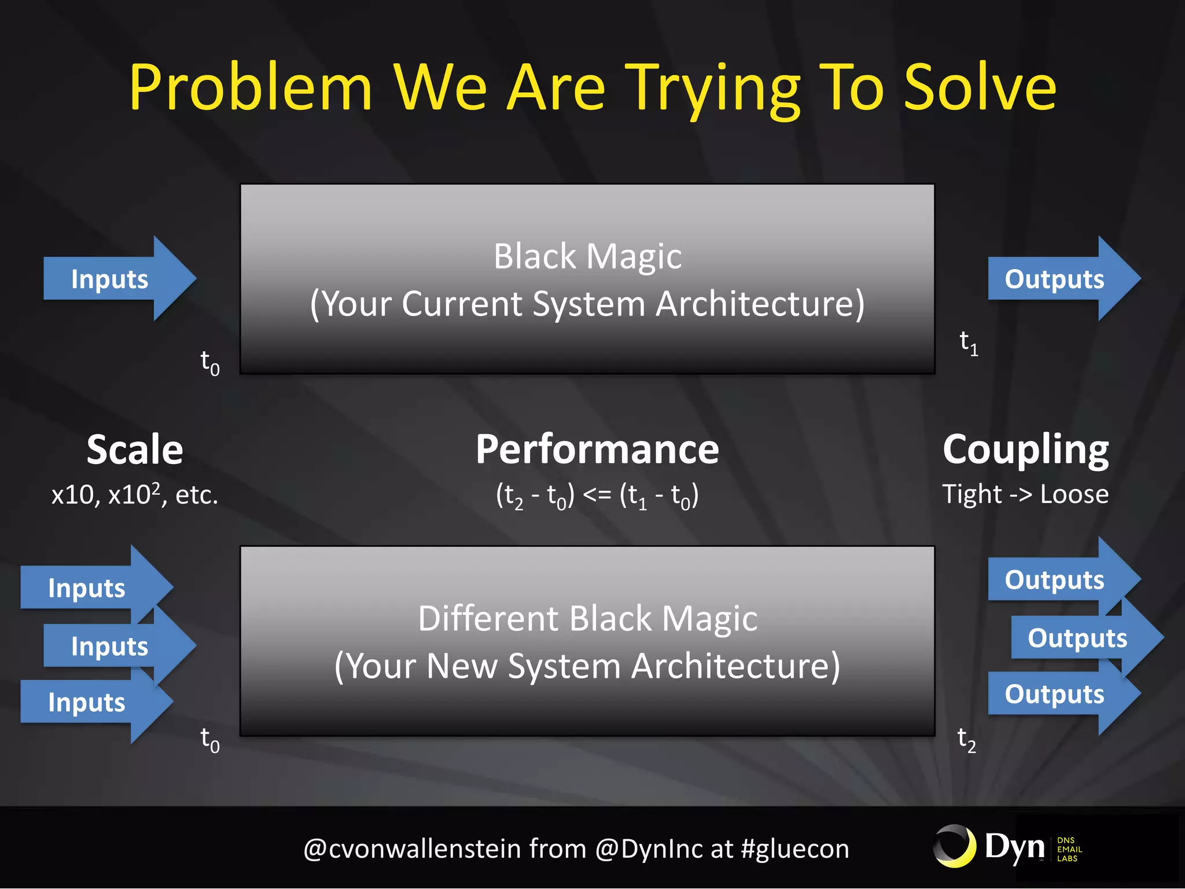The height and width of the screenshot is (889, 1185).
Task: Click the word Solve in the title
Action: (x=980, y=88)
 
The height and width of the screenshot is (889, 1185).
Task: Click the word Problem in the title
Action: (x=250, y=88)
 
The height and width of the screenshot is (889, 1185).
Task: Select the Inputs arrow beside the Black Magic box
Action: (x=116, y=279)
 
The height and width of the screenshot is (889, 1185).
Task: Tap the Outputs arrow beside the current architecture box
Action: (x=1059, y=279)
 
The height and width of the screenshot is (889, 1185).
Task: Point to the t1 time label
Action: (x=968, y=343)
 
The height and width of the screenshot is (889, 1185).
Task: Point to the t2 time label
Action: (x=966, y=740)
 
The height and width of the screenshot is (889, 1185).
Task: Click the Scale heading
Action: (x=134, y=450)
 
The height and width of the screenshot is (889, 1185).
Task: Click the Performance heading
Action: (x=597, y=450)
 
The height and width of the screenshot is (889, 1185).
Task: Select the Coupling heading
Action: (x=1025, y=450)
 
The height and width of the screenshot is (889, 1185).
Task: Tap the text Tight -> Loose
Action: (x=1025, y=494)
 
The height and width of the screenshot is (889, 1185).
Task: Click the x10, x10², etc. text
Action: (x=134, y=495)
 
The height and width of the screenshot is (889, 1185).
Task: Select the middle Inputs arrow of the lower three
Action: (x=116, y=646)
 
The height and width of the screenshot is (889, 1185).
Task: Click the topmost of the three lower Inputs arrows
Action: (x=93, y=588)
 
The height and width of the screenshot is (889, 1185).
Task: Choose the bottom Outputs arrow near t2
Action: (x=1059, y=694)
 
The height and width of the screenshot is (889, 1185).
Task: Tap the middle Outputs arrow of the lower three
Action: (x=1082, y=638)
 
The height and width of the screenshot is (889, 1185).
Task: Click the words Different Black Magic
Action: (x=587, y=618)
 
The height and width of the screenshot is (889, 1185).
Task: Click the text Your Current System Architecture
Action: (x=587, y=304)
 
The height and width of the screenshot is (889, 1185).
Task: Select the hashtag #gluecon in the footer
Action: (x=795, y=849)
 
